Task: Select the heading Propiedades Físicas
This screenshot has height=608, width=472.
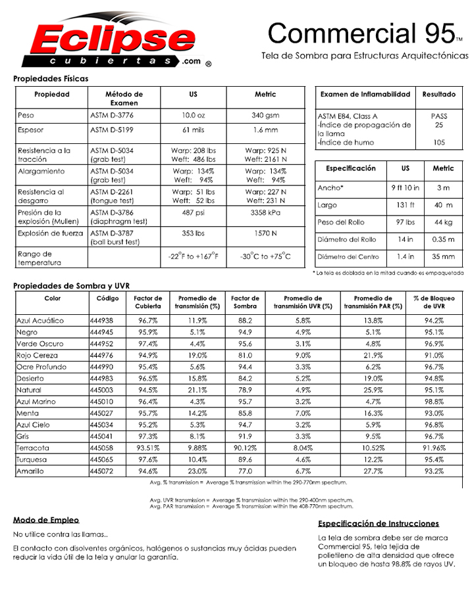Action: click(x=51, y=78)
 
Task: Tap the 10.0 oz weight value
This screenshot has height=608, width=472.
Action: click(x=193, y=116)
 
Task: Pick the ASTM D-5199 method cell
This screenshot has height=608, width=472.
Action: click(x=113, y=130)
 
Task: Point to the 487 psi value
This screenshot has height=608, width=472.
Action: click(x=193, y=213)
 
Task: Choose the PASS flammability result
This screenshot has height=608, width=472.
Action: click(x=439, y=116)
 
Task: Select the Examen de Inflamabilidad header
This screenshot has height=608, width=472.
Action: click(x=365, y=95)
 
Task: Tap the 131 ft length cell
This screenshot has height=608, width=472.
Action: click(x=405, y=205)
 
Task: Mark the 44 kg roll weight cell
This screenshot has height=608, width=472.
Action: click(x=443, y=222)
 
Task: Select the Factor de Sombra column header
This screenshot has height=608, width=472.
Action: click(x=245, y=302)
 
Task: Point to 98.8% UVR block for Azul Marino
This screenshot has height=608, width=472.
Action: click(x=434, y=402)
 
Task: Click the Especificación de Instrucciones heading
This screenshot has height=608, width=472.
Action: click(x=379, y=524)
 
